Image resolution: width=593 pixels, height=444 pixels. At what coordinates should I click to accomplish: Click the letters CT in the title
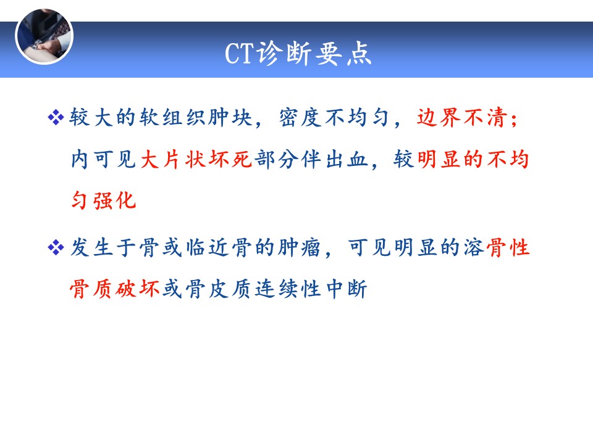coord(239,53)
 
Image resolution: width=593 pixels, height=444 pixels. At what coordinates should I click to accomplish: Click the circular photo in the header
coord(44,36)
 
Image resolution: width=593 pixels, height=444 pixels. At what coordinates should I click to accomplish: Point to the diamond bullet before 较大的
coord(56,117)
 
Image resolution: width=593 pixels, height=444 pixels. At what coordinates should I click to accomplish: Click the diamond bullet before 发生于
coord(56,248)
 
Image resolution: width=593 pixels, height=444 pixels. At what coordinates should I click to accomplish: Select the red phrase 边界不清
coord(462,117)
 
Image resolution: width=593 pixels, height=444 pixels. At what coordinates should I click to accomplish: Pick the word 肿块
coord(230,117)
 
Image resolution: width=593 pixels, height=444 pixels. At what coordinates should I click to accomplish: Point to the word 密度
coord(300,117)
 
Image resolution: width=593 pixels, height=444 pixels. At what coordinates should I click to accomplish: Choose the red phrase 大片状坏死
coord(196,159)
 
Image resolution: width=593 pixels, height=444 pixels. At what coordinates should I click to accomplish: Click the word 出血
coord(347,159)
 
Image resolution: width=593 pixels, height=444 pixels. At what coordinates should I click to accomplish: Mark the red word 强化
coord(115,200)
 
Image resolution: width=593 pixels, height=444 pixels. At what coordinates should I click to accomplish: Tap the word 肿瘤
coord(300,248)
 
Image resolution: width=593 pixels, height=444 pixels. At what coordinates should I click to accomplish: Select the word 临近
coord(207,248)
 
